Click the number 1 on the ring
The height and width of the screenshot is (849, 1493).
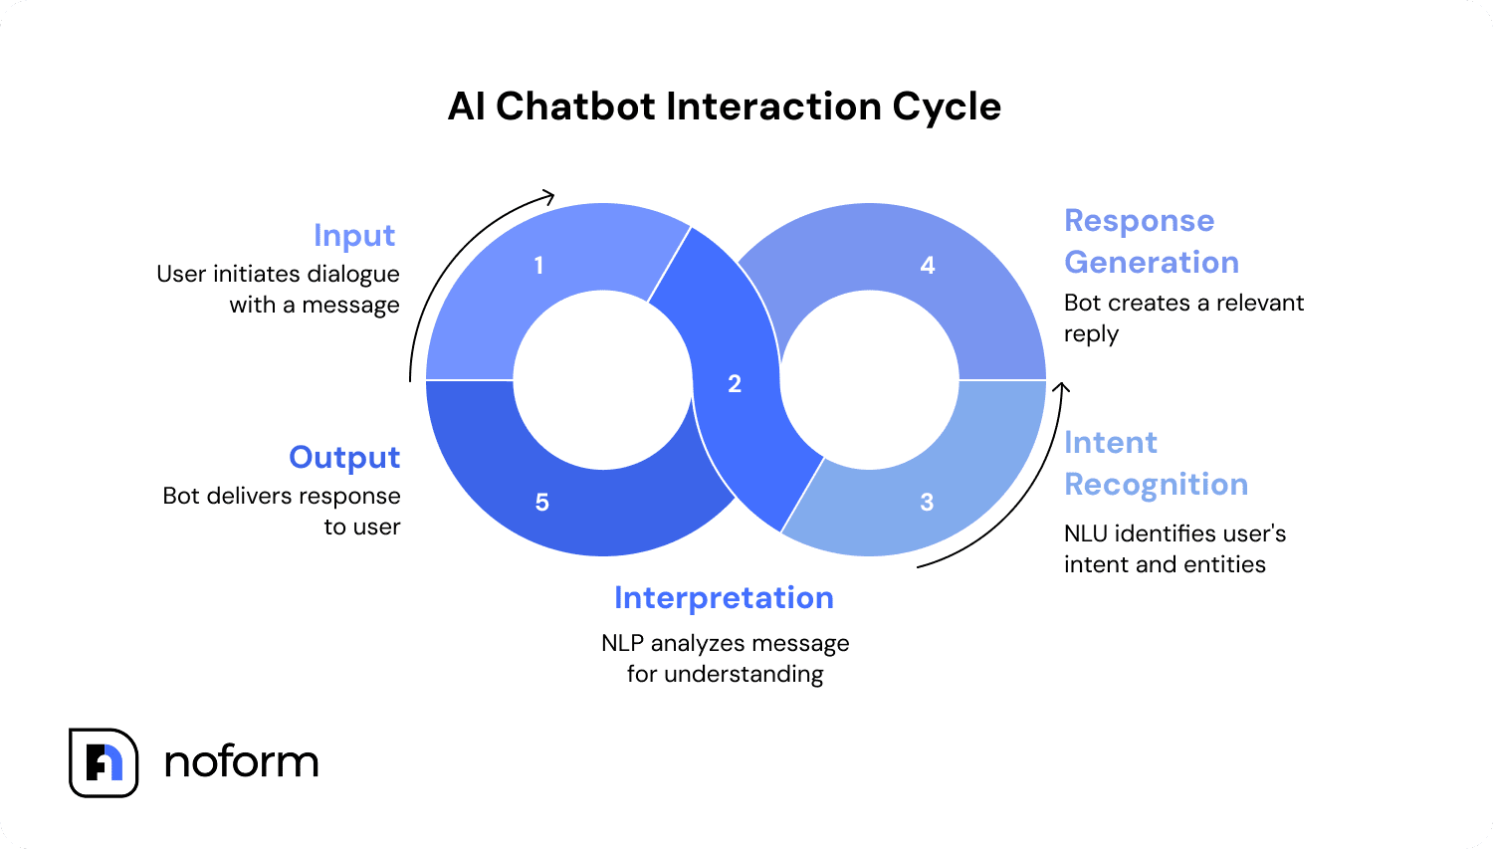pos(538,266)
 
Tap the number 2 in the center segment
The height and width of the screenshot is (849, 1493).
pos(735,384)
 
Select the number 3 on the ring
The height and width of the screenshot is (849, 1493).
pos(927,503)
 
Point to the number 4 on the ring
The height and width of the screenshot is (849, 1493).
pos(928,266)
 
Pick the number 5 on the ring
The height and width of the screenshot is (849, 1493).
pos(542,503)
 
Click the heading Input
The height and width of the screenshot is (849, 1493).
pos(354,236)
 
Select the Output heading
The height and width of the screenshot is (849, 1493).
pos(344,458)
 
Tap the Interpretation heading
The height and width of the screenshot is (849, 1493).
pos(724,598)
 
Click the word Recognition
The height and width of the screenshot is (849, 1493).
pos(1156,485)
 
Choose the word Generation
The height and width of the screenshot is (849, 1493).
pos(1152,263)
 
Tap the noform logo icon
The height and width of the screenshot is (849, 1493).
pos(104,762)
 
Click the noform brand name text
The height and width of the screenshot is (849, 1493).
pos(242,762)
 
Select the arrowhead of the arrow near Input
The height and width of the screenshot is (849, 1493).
pos(548,195)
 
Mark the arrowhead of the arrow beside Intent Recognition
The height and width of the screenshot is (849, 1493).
pos(1062,388)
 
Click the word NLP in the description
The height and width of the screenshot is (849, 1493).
pos(623,644)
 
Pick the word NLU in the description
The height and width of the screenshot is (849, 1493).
pos(1086,534)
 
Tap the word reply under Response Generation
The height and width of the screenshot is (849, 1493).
pos(1091,334)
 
